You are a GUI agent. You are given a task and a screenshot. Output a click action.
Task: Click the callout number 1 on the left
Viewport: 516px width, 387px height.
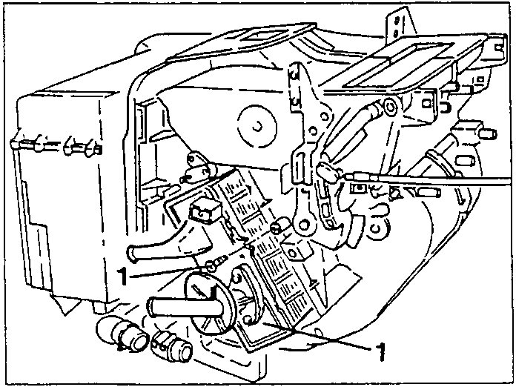point(122,276)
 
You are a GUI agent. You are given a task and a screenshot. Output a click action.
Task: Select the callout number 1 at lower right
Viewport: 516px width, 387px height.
point(380,351)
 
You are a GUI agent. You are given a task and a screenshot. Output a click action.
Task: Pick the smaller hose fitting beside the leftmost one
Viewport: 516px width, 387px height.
point(172,347)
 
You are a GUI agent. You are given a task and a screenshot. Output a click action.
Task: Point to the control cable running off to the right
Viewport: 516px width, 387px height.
point(428,181)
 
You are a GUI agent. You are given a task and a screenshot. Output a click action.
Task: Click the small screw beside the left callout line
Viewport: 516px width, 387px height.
point(216,264)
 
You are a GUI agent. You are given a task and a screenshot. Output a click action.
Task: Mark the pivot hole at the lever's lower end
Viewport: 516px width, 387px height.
point(305,225)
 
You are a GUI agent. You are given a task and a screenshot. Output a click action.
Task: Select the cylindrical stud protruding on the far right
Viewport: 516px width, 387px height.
point(488,133)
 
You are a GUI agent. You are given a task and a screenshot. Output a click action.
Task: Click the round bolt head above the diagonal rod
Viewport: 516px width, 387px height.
point(390,107)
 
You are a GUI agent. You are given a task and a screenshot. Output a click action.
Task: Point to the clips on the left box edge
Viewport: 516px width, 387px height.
point(56,145)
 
